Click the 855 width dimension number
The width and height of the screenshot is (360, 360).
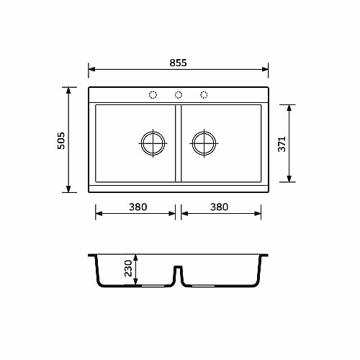click(x=178, y=63)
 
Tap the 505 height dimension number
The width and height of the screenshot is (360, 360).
click(x=61, y=140)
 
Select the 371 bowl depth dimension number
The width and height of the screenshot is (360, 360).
click(x=282, y=144)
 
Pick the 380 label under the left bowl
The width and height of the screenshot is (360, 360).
click(x=138, y=207)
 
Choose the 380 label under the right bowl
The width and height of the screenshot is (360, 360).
click(x=220, y=207)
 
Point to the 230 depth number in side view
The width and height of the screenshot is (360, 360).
click(x=128, y=269)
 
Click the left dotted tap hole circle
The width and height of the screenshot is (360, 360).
click(x=153, y=95)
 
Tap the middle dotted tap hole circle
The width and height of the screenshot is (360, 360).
click(x=179, y=95)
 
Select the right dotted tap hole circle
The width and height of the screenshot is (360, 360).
click(x=204, y=95)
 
